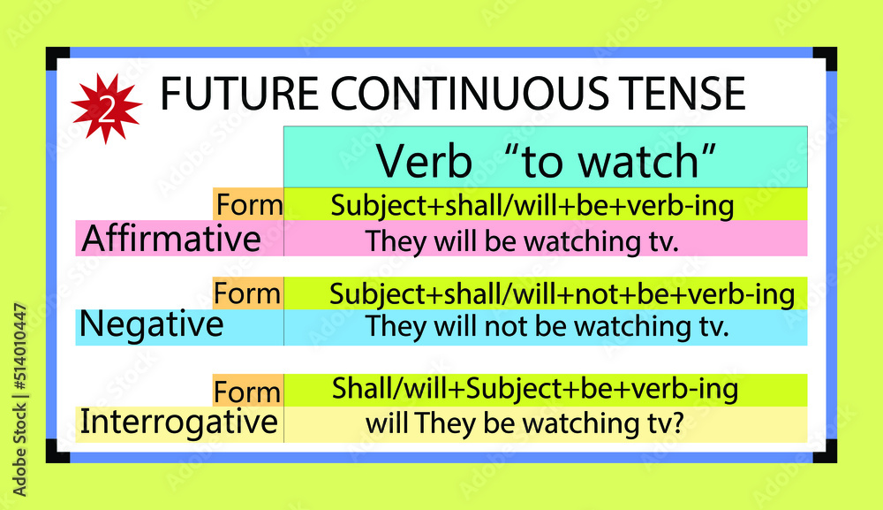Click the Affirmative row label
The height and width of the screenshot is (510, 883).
coord(171,239)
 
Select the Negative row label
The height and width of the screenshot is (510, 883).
coord(151,325)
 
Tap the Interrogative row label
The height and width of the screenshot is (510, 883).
coord(178,422)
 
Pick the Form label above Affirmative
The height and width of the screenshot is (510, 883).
coord(248,206)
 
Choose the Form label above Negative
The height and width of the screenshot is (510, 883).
coord(248,293)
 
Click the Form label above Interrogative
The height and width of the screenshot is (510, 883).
coord(248,392)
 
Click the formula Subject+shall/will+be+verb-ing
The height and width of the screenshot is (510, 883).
coord(532,206)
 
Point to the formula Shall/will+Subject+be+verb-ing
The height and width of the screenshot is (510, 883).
coord(535,388)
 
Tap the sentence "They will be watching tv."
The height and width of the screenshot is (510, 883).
coord(523,241)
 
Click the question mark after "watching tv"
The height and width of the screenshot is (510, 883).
coord(678,423)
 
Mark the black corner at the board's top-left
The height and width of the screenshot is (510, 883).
coord(57,57)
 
